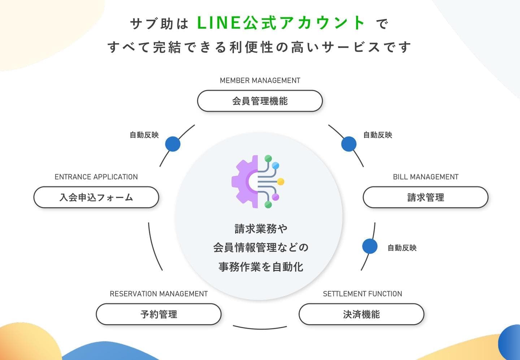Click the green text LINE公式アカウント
click(281, 23)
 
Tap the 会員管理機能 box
click(260, 101)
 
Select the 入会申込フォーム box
click(96, 197)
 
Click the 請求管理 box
click(426, 197)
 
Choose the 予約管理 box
click(159, 314)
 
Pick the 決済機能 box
click(361, 314)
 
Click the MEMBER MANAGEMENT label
click(260, 80)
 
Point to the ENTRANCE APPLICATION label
click(96, 177)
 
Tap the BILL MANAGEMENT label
click(426, 177)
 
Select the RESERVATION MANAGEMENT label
click(159, 294)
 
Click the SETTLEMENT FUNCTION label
click(363, 294)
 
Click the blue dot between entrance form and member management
click(173, 144)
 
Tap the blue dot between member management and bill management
click(349, 144)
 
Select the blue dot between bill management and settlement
click(370, 246)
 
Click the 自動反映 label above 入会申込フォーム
click(144, 135)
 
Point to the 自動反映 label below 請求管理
click(402, 248)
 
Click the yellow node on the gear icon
click(281, 181)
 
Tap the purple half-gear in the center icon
click(245, 181)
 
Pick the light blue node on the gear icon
click(276, 166)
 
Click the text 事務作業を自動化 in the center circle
click(261, 267)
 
